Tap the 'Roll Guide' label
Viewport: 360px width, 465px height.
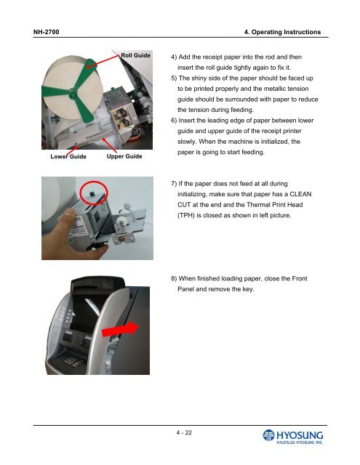[136, 55]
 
